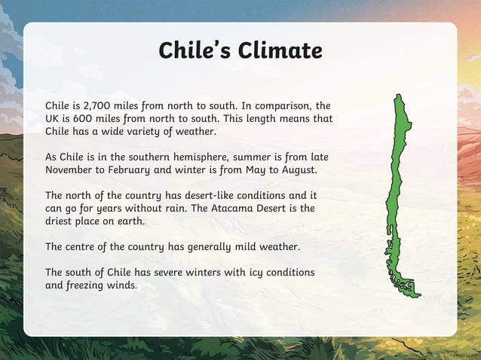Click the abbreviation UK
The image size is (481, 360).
[x=54, y=118]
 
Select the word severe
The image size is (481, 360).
[x=174, y=272]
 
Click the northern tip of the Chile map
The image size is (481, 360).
[x=398, y=97]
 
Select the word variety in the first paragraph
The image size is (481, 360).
[x=150, y=131]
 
